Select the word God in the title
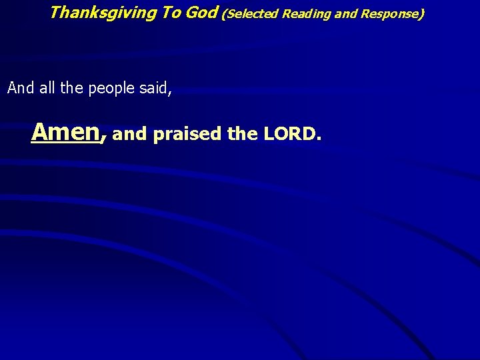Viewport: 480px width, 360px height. click(x=202, y=12)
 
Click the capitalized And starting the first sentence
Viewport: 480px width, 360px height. click(x=20, y=88)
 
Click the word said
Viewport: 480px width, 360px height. click(x=154, y=88)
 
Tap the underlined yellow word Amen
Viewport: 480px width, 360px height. click(x=65, y=132)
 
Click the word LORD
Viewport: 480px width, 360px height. click(x=289, y=135)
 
